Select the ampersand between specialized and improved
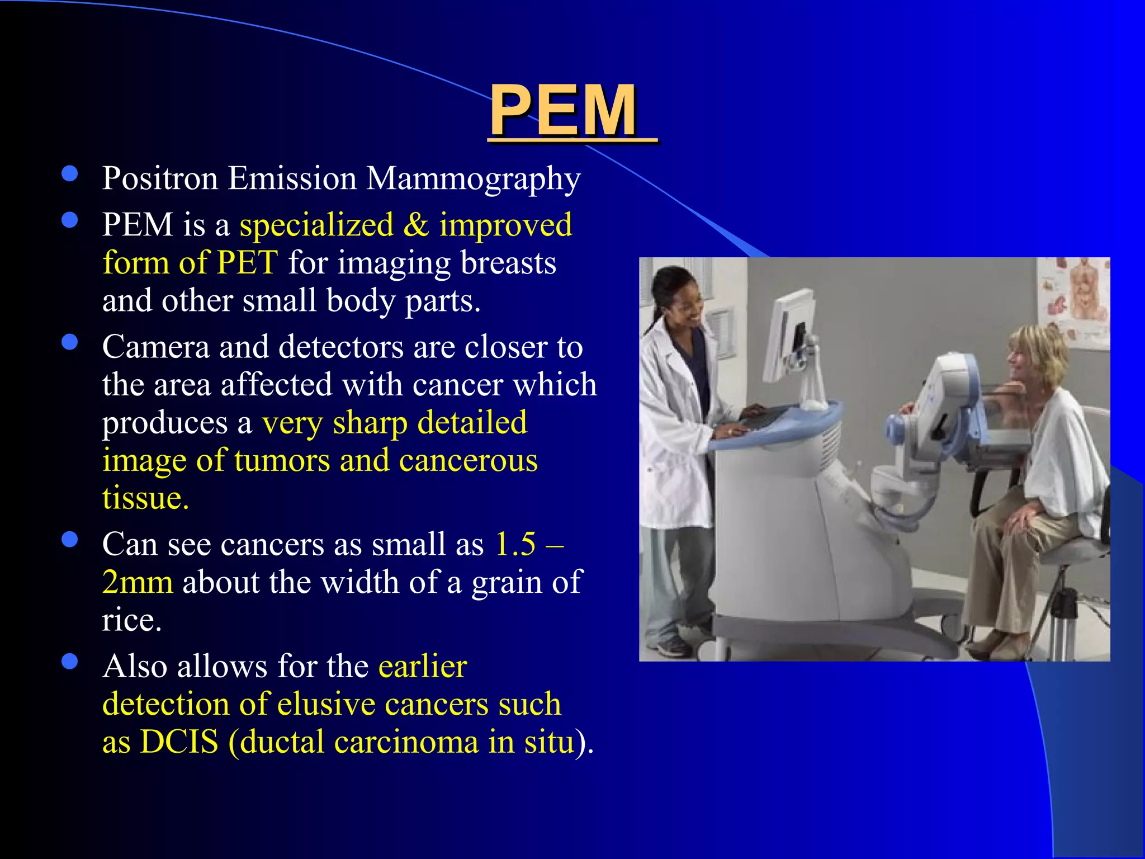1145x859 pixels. click(x=416, y=225)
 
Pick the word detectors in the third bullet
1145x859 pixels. click(x=340, y=347)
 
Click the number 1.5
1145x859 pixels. click(x=515, y=544)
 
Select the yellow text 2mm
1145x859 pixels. click(x=138, y=582)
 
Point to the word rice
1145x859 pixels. click(x=131, y=620)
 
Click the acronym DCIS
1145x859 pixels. click(x=179, y=742)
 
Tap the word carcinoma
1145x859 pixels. click(x=406, y=742)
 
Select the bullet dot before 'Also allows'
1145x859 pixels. click(x=70, y=662)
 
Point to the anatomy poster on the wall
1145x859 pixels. click(x=1073, y=296)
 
